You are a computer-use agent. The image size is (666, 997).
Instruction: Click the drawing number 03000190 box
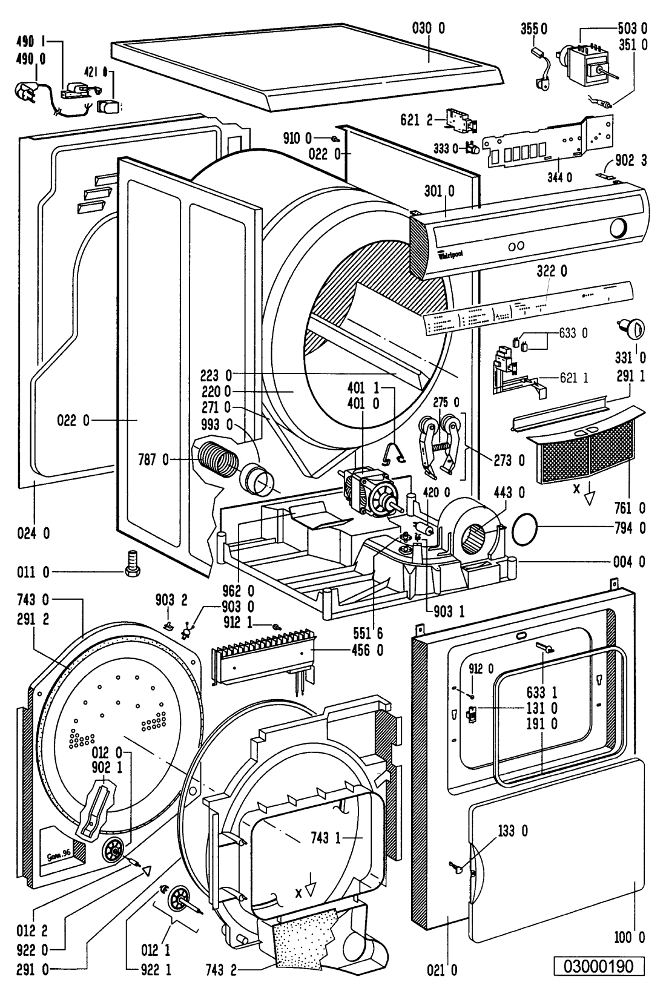click(x=598, y=966)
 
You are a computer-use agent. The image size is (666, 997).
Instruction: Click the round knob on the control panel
click(x=618, y=229)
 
